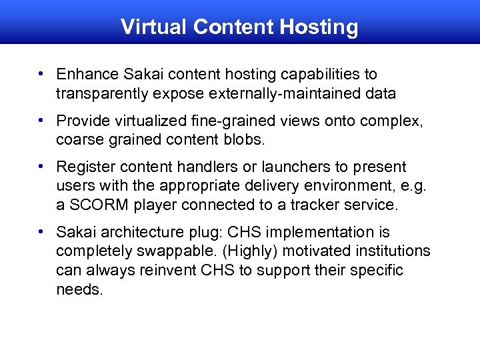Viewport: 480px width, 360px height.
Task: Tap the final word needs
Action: click(79, 290)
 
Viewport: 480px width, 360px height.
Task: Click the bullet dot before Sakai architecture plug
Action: click(41, 231)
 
